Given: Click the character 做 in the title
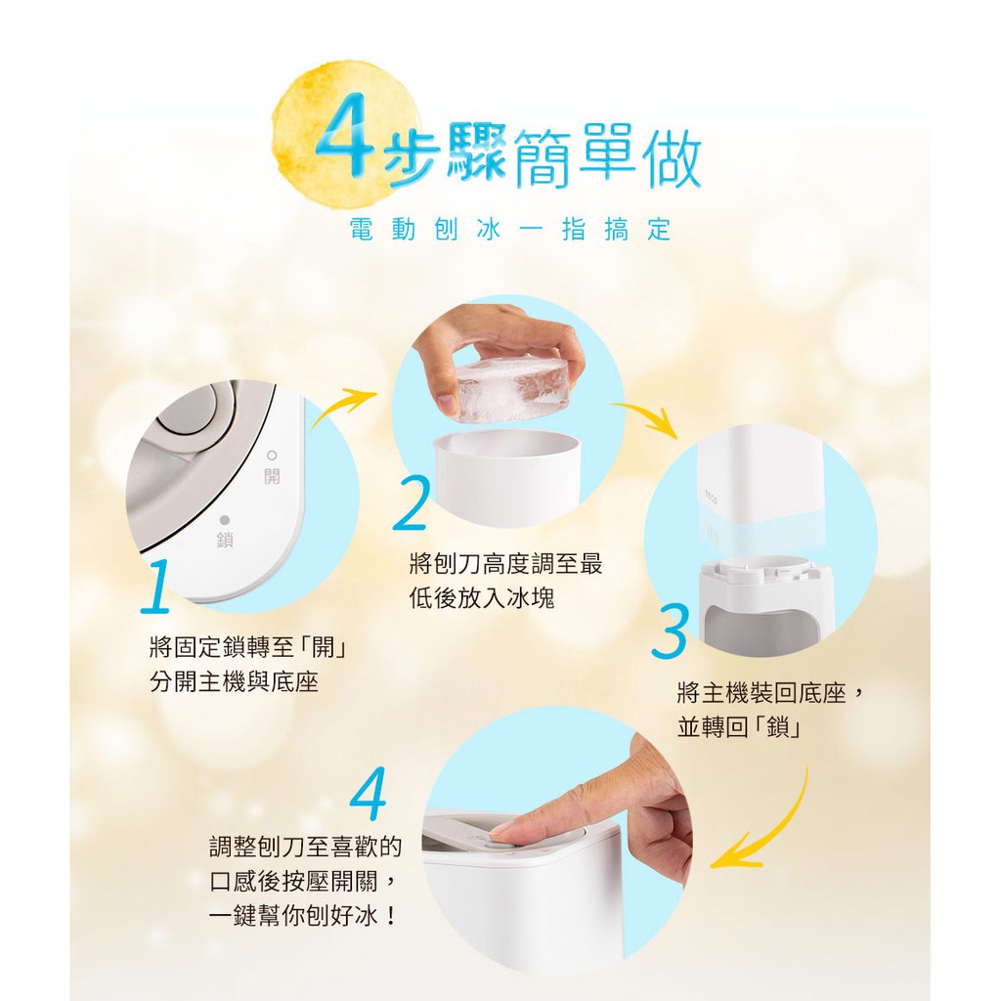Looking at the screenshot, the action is point(671,156).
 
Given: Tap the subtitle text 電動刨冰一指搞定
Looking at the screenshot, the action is point(510,230).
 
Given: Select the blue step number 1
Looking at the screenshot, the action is point(156,587).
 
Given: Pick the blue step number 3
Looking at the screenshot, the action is point(670,631).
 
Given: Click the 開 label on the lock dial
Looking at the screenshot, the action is point(272,476).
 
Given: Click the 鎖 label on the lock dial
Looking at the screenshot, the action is point(225,540).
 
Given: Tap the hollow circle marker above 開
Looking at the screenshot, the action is point(273,455).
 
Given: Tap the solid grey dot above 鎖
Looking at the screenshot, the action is point(225,520).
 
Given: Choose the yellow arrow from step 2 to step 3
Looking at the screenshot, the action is point(646,413).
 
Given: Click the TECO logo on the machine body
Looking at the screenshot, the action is point(711,497).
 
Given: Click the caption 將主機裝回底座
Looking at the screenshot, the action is point(761,693).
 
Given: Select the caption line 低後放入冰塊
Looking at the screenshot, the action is point(482,598).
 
